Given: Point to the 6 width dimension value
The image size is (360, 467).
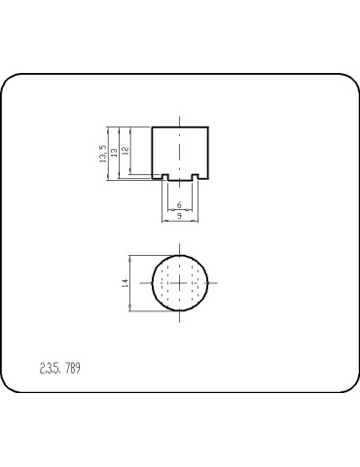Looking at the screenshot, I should pyautogui.click(x=179, y=205).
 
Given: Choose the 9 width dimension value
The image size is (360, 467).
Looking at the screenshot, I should pyautogui.click(x=179, y=216).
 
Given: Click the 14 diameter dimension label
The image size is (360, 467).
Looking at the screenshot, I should pyautogui.click(x=126, y=282).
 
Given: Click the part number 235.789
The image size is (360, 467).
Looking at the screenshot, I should pyautogui.click(x=59, y=370).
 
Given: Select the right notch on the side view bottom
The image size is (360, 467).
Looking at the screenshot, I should pyautogui.click(x=196, y=176).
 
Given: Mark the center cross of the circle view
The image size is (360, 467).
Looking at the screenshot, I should pyautogui.click(x=180, y=282).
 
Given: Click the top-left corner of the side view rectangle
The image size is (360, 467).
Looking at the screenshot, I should pyautogui.click(x=153, y=127).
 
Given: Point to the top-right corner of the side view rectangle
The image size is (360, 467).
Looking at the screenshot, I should pyautogui.click(x=209, y=127).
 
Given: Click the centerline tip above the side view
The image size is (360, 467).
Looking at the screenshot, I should pyautogui.click(x=180, y=121).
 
